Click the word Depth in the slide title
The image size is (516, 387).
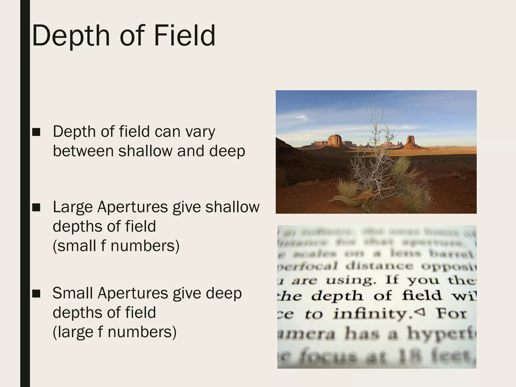point(71,36)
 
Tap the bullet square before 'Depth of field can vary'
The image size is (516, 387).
point(36,132)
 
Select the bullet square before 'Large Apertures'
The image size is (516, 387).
point(36,207)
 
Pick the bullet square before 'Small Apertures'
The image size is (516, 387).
point(36,294)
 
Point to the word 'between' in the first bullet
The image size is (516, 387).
point(83,151)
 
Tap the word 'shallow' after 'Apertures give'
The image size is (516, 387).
point(232,207)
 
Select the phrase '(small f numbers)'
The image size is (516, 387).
point(116,246)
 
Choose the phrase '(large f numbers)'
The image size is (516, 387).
point(114,332)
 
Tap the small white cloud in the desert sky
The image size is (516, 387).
point(301,117)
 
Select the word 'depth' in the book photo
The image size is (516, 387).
point(337,296)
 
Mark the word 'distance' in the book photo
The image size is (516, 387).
point(379,266)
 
